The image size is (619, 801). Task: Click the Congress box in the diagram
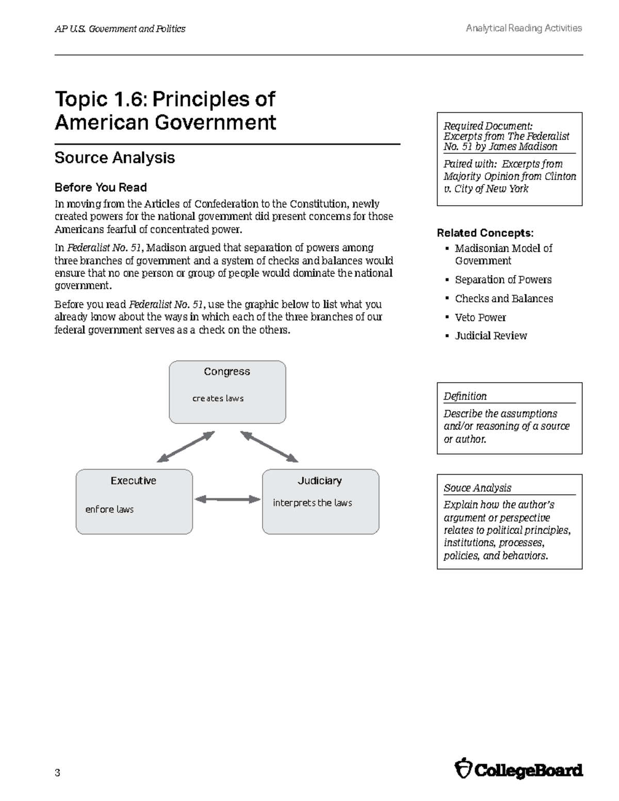pos(227,392)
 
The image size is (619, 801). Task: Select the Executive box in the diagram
pos(134,501)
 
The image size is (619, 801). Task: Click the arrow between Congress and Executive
pos(186,447)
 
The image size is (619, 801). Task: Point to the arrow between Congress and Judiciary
pos(269,447)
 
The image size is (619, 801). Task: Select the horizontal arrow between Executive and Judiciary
pos(227,499)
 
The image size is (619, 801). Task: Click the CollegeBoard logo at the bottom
pos(519,771)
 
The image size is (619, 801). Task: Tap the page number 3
pos(57,773)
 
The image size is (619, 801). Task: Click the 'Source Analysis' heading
pos(115,158)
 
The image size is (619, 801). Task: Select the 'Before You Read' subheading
pos(101,187)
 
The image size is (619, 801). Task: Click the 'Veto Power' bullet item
pos(480,317)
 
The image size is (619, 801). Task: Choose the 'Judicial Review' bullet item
pos(491,336)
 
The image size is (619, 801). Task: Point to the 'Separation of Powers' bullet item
pos(503,280)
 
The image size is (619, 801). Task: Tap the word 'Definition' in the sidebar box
pos(465,396)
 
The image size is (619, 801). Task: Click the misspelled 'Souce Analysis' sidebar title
pos(477,488)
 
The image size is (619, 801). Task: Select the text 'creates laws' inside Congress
pos(218,398)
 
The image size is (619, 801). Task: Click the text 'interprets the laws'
pos(312,503)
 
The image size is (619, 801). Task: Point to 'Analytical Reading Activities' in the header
pos(524,28)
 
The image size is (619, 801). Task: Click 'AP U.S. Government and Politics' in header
pos(120,29)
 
